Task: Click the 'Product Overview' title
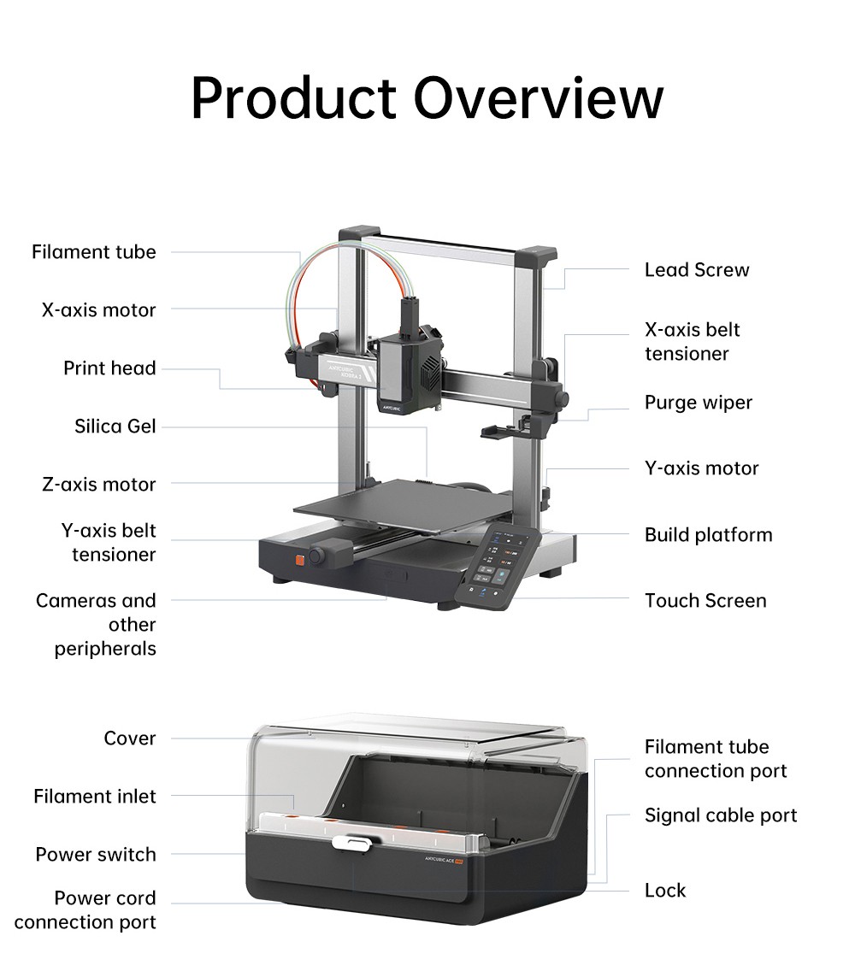[427, 97]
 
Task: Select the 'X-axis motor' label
[98, 309]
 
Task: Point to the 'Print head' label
[109, 368]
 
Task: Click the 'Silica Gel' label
[115, 426]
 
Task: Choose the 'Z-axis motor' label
[98, 485]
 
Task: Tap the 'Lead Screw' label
[697, 270]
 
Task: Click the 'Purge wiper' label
[699, 403]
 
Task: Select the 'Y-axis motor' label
[701, 468]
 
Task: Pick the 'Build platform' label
[709, 535]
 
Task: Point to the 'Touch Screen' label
[705, 601]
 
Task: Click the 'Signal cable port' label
[721, 815]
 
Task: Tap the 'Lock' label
[665, 891]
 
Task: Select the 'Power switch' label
[96, 855]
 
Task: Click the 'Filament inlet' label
[95, 797]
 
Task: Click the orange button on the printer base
[300, 561]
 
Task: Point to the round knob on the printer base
[318, 556]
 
